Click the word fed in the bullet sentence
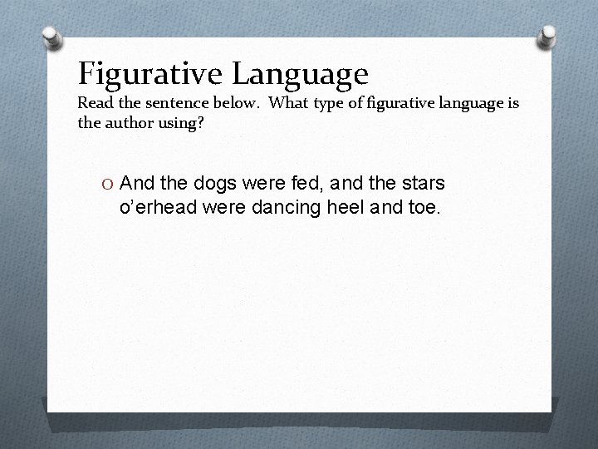click(299, 183)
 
